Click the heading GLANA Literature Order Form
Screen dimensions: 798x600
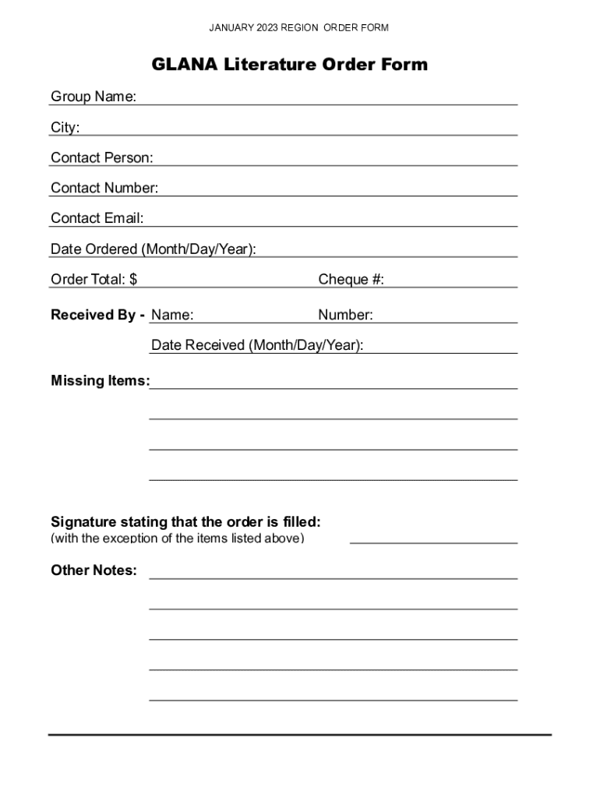(289, 65)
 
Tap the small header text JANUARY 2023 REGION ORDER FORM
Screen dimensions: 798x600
(299, 28)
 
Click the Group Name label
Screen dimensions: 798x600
(94, 97)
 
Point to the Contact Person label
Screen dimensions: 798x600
(102, 157)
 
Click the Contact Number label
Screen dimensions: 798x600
(104, 188)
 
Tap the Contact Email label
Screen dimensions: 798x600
(97, 218)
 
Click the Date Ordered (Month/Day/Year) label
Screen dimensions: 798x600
(154, 249)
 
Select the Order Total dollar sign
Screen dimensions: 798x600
(133, 280)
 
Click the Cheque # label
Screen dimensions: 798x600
(351, 280)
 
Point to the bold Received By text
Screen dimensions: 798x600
(97, 315)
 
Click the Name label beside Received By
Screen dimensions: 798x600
(172, 315)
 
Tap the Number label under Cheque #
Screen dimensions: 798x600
(345, 315)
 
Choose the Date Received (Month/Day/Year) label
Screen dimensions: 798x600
(257, 345)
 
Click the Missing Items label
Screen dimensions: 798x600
(100, 381)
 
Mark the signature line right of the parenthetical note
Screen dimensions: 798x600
(433, 542)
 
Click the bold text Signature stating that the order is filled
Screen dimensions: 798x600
(185, 521)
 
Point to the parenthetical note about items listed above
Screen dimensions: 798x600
(178, 538)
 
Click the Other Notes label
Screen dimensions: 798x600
(94, 570)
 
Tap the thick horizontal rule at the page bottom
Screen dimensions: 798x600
(299, 734)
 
